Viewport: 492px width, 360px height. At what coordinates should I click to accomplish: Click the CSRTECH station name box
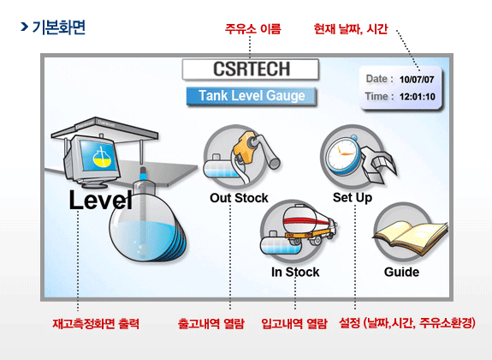click(x=251, y=69)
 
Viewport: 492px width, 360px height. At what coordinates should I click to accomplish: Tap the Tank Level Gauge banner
click(x=251, y=96)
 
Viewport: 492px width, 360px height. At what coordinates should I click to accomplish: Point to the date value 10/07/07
click(x=417, y=80)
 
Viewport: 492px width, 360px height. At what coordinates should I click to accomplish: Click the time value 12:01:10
click(x=418, y=97)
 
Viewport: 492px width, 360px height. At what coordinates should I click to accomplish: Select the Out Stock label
click(x=239, y=198)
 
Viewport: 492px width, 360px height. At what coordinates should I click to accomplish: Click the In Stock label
click(x=295, y=273)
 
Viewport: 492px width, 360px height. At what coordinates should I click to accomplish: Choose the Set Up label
click(x=353, y=198)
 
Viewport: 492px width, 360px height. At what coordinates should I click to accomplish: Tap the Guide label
click(x=401, y=272)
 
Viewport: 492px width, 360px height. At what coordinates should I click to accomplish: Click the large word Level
click(x=100, y=200)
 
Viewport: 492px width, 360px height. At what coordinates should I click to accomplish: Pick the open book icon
click(x=410, y=237)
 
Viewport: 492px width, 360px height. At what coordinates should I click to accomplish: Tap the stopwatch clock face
click(x=341, y=154)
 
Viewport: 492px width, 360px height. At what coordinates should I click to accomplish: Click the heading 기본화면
click(x=59, y=27)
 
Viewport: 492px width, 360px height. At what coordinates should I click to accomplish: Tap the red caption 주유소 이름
click(x=252, y=29)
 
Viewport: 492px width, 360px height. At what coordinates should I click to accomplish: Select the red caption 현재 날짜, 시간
click(x=351, y=29)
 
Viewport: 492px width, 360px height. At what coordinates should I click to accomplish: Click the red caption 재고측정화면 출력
click(x=96, y=323)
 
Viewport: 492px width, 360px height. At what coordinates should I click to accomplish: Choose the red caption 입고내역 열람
click(x=294, y=323)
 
